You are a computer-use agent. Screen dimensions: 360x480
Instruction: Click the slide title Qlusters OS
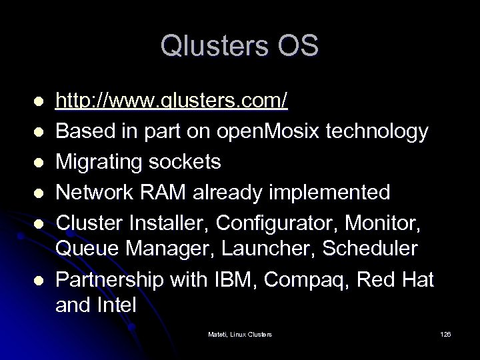tap(239, 46)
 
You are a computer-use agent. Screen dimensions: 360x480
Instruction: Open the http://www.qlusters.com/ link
tap(172, 101)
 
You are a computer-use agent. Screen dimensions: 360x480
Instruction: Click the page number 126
tap(445, 333)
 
